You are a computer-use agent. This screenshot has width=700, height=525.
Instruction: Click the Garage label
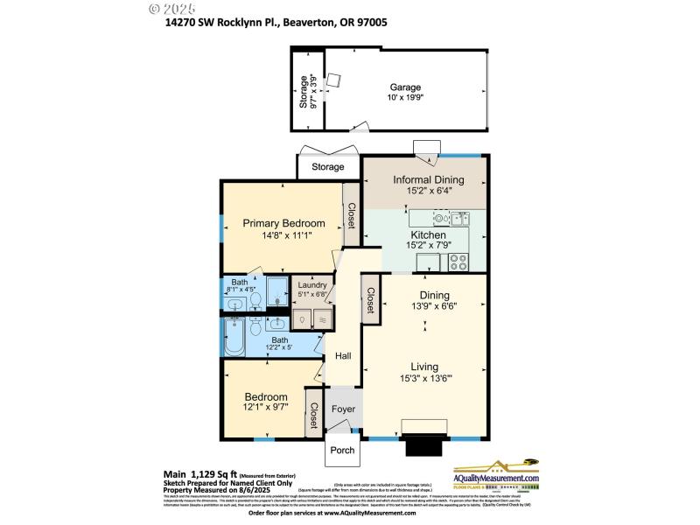pos(406,87)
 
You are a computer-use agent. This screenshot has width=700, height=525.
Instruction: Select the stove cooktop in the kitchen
pos(458,260)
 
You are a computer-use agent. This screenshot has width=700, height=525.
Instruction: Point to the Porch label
pos(341,451)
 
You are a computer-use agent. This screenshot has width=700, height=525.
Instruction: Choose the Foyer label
pos(341,408)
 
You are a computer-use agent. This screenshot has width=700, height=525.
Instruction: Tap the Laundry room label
pos(312,285)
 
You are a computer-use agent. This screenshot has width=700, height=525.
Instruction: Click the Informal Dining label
pos(428,180)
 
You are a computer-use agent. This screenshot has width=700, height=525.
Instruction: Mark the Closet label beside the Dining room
pos(371,300)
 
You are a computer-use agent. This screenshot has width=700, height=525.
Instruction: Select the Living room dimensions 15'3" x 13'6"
pos(428,379)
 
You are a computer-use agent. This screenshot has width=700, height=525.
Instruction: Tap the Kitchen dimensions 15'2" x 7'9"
pos(429,247)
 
